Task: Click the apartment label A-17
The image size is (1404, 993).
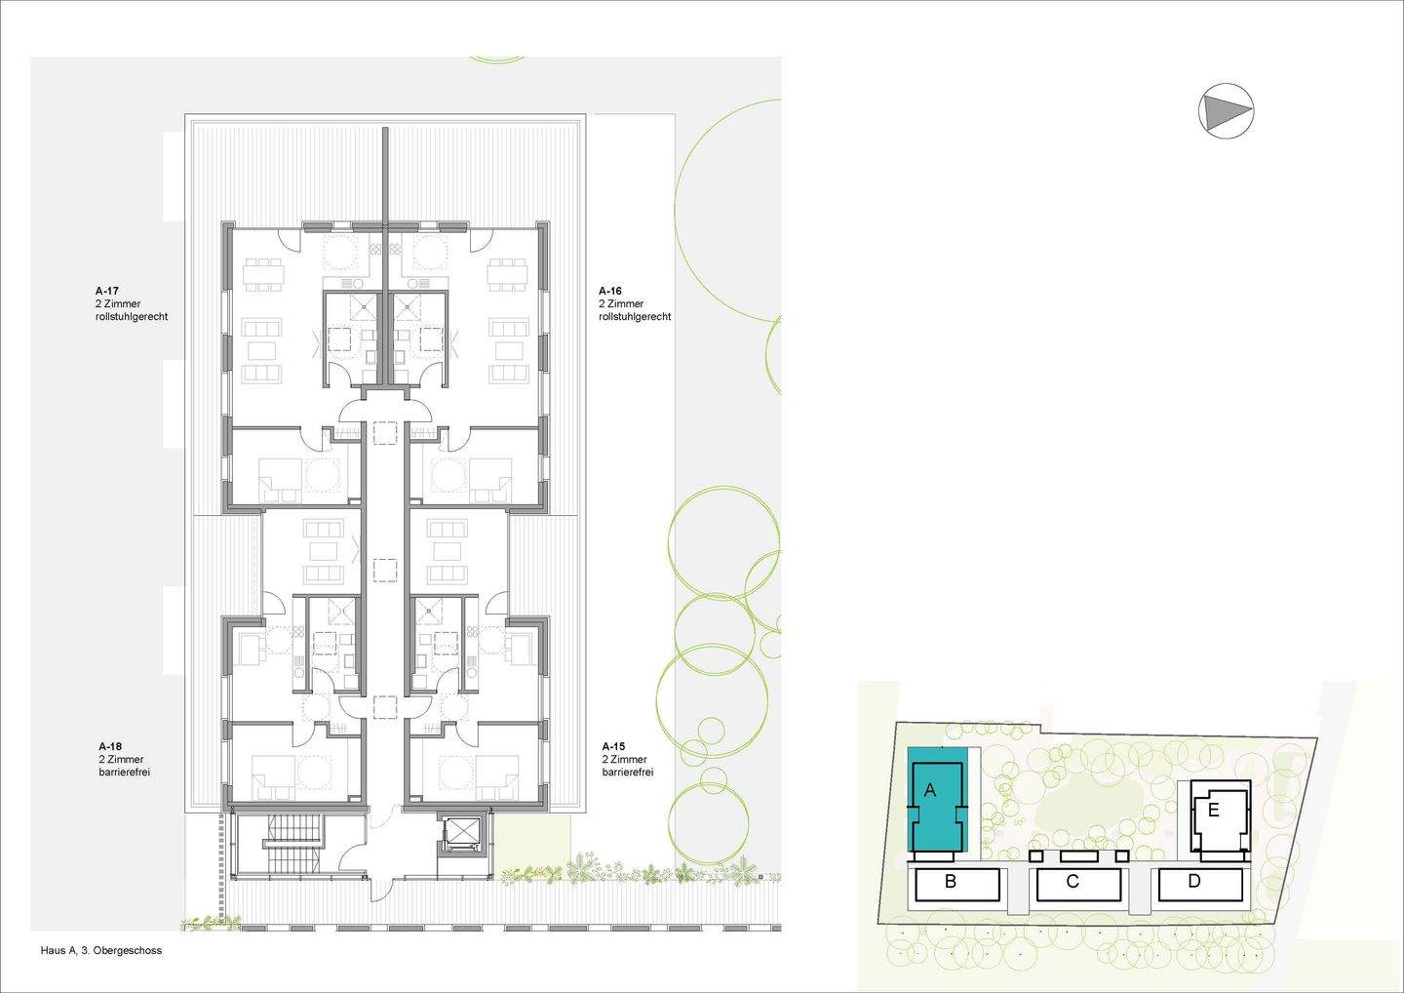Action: tap(106, 291)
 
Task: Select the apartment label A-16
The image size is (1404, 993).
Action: tap(610, 291)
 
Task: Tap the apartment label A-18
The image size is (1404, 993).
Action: tap(110, 746)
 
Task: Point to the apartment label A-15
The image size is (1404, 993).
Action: tap(613, 746)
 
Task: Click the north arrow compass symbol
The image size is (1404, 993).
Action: tap(1226, 110)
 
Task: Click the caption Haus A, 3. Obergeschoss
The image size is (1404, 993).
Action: tap(101, 950)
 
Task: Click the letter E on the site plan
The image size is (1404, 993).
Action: tap(1213, 811)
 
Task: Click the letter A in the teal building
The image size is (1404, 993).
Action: tap(930, 790)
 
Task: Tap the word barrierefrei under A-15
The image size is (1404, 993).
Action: tap(628, 773)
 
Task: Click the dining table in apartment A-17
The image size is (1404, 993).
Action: tap(264, 274)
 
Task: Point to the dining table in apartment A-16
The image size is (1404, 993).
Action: tap(507, 274)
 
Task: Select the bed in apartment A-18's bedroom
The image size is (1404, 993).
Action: tap(273, 777)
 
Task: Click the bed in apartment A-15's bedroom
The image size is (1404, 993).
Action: tap(496, 777)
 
